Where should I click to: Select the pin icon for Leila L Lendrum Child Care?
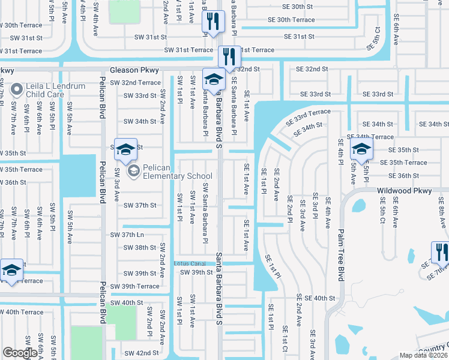click(x=16, y=90)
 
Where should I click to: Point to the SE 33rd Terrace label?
click(x=308, y=116)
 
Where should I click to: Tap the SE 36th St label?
click(x=403, y=176)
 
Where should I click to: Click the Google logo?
click(x=20, y=353)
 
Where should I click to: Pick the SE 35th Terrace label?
click(x=408, y=163)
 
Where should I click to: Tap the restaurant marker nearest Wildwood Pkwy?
click(x=439, y=251)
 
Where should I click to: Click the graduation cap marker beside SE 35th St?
click(x=361, y=150)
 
